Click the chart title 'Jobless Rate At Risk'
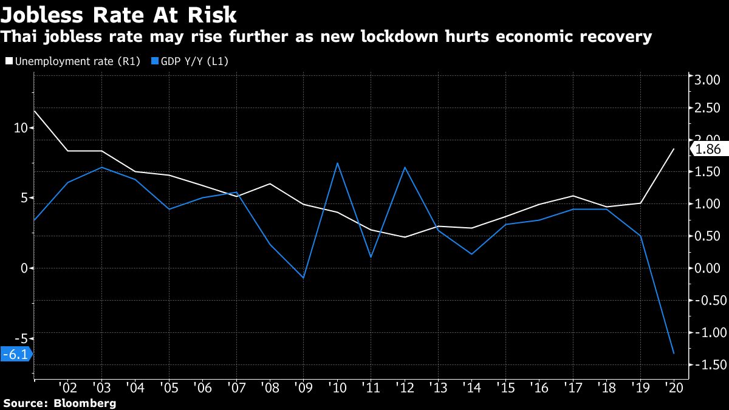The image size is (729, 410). (x=119, y=14)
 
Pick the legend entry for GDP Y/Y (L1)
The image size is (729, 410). (x=194, y=61)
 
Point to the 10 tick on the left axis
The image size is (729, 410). (x=21, y=128)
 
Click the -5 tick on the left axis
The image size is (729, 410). (x=21, y=338)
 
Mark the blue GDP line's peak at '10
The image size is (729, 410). (x=337, y=163)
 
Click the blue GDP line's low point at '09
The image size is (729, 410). (x=303, y=278)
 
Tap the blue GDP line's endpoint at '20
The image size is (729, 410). (x=674, y=354)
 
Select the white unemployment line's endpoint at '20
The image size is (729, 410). (x=674, y=149)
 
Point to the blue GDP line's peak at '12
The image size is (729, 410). (x=404, y=167)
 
